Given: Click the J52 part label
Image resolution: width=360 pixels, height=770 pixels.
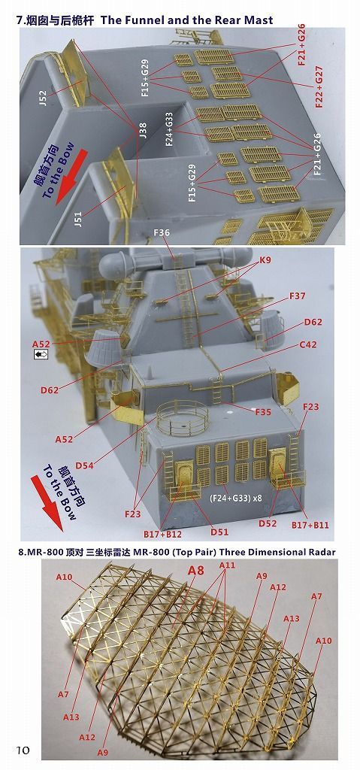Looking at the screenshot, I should coord(42,100).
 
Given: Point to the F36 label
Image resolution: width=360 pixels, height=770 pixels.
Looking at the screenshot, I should coord(162,232).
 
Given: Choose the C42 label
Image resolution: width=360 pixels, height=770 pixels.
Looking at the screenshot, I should coord(308,345).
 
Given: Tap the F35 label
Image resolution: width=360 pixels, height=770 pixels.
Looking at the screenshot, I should coord(262,412).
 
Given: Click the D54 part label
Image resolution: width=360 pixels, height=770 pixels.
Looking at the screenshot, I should coord(85,466).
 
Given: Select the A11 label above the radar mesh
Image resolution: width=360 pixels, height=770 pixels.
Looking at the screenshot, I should coord(227,565).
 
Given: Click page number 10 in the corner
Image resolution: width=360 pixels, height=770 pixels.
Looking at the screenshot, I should coord(23,750).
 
